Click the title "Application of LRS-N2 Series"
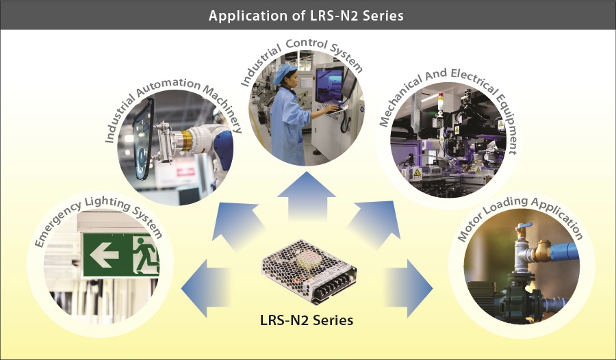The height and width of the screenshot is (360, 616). pos(306,16)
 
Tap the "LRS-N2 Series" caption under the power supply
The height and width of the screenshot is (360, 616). pos(307,320)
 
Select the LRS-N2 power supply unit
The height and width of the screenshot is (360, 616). pos(309,272)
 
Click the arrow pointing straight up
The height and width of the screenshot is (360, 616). pos(307,196)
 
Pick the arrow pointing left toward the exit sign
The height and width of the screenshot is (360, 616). pos(205,288)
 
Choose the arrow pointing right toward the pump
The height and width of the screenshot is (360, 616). pos(409,288)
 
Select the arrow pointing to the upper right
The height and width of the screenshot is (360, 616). pos(375,223)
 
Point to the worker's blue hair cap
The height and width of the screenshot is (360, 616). pos(285,73)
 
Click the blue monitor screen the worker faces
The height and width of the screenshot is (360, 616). pos(329,84)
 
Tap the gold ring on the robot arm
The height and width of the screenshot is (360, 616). pos(185,141)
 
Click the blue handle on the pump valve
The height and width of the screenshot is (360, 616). pos(524,227)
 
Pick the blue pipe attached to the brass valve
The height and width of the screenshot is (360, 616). pos(565,251)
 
